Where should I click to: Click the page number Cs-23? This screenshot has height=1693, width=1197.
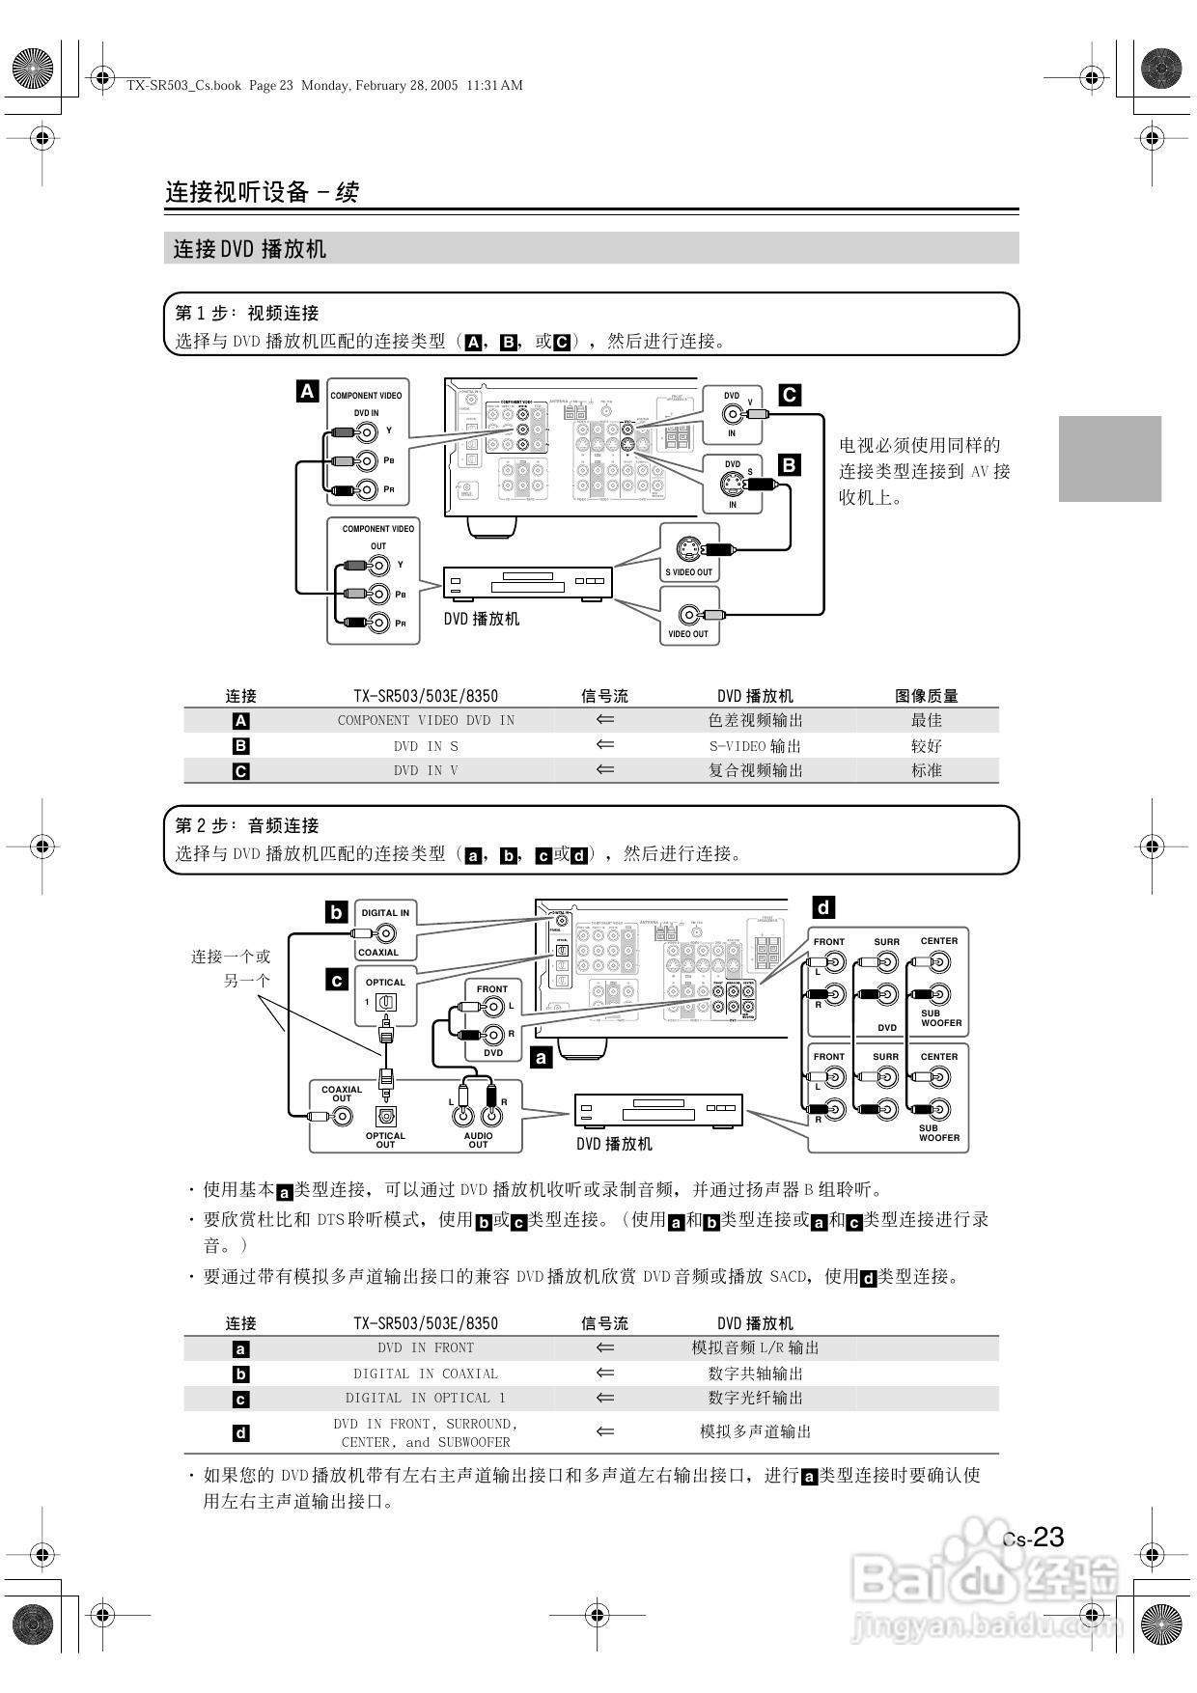1034,1537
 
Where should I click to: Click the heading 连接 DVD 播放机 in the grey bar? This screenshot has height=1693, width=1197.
250,249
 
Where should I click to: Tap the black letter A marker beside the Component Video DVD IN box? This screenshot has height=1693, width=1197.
307,391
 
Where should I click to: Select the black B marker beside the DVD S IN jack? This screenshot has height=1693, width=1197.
789,465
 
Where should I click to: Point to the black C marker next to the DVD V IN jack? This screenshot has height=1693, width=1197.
789,395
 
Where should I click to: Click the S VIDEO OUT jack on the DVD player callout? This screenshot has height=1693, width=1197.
688,549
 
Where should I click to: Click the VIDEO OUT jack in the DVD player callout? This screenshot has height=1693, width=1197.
688,615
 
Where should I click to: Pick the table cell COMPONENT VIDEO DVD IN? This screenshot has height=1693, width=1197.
426,720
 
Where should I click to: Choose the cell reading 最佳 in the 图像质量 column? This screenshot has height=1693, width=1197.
927,720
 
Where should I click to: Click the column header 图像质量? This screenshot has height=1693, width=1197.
927,696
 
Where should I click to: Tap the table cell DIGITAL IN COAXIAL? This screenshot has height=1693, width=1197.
426,1374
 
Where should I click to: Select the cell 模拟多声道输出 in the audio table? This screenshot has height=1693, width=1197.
755,1431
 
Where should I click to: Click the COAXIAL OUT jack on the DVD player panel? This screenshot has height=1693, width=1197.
342,1117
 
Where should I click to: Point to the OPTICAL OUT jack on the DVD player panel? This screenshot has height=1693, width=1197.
386,1116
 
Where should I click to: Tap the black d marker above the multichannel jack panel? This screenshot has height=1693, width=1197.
823,907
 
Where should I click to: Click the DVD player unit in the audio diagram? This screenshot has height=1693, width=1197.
658,1111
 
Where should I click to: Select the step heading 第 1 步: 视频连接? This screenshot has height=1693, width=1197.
247,313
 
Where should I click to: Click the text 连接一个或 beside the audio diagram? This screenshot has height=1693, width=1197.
231,957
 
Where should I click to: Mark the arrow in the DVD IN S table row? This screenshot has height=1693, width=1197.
605,745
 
